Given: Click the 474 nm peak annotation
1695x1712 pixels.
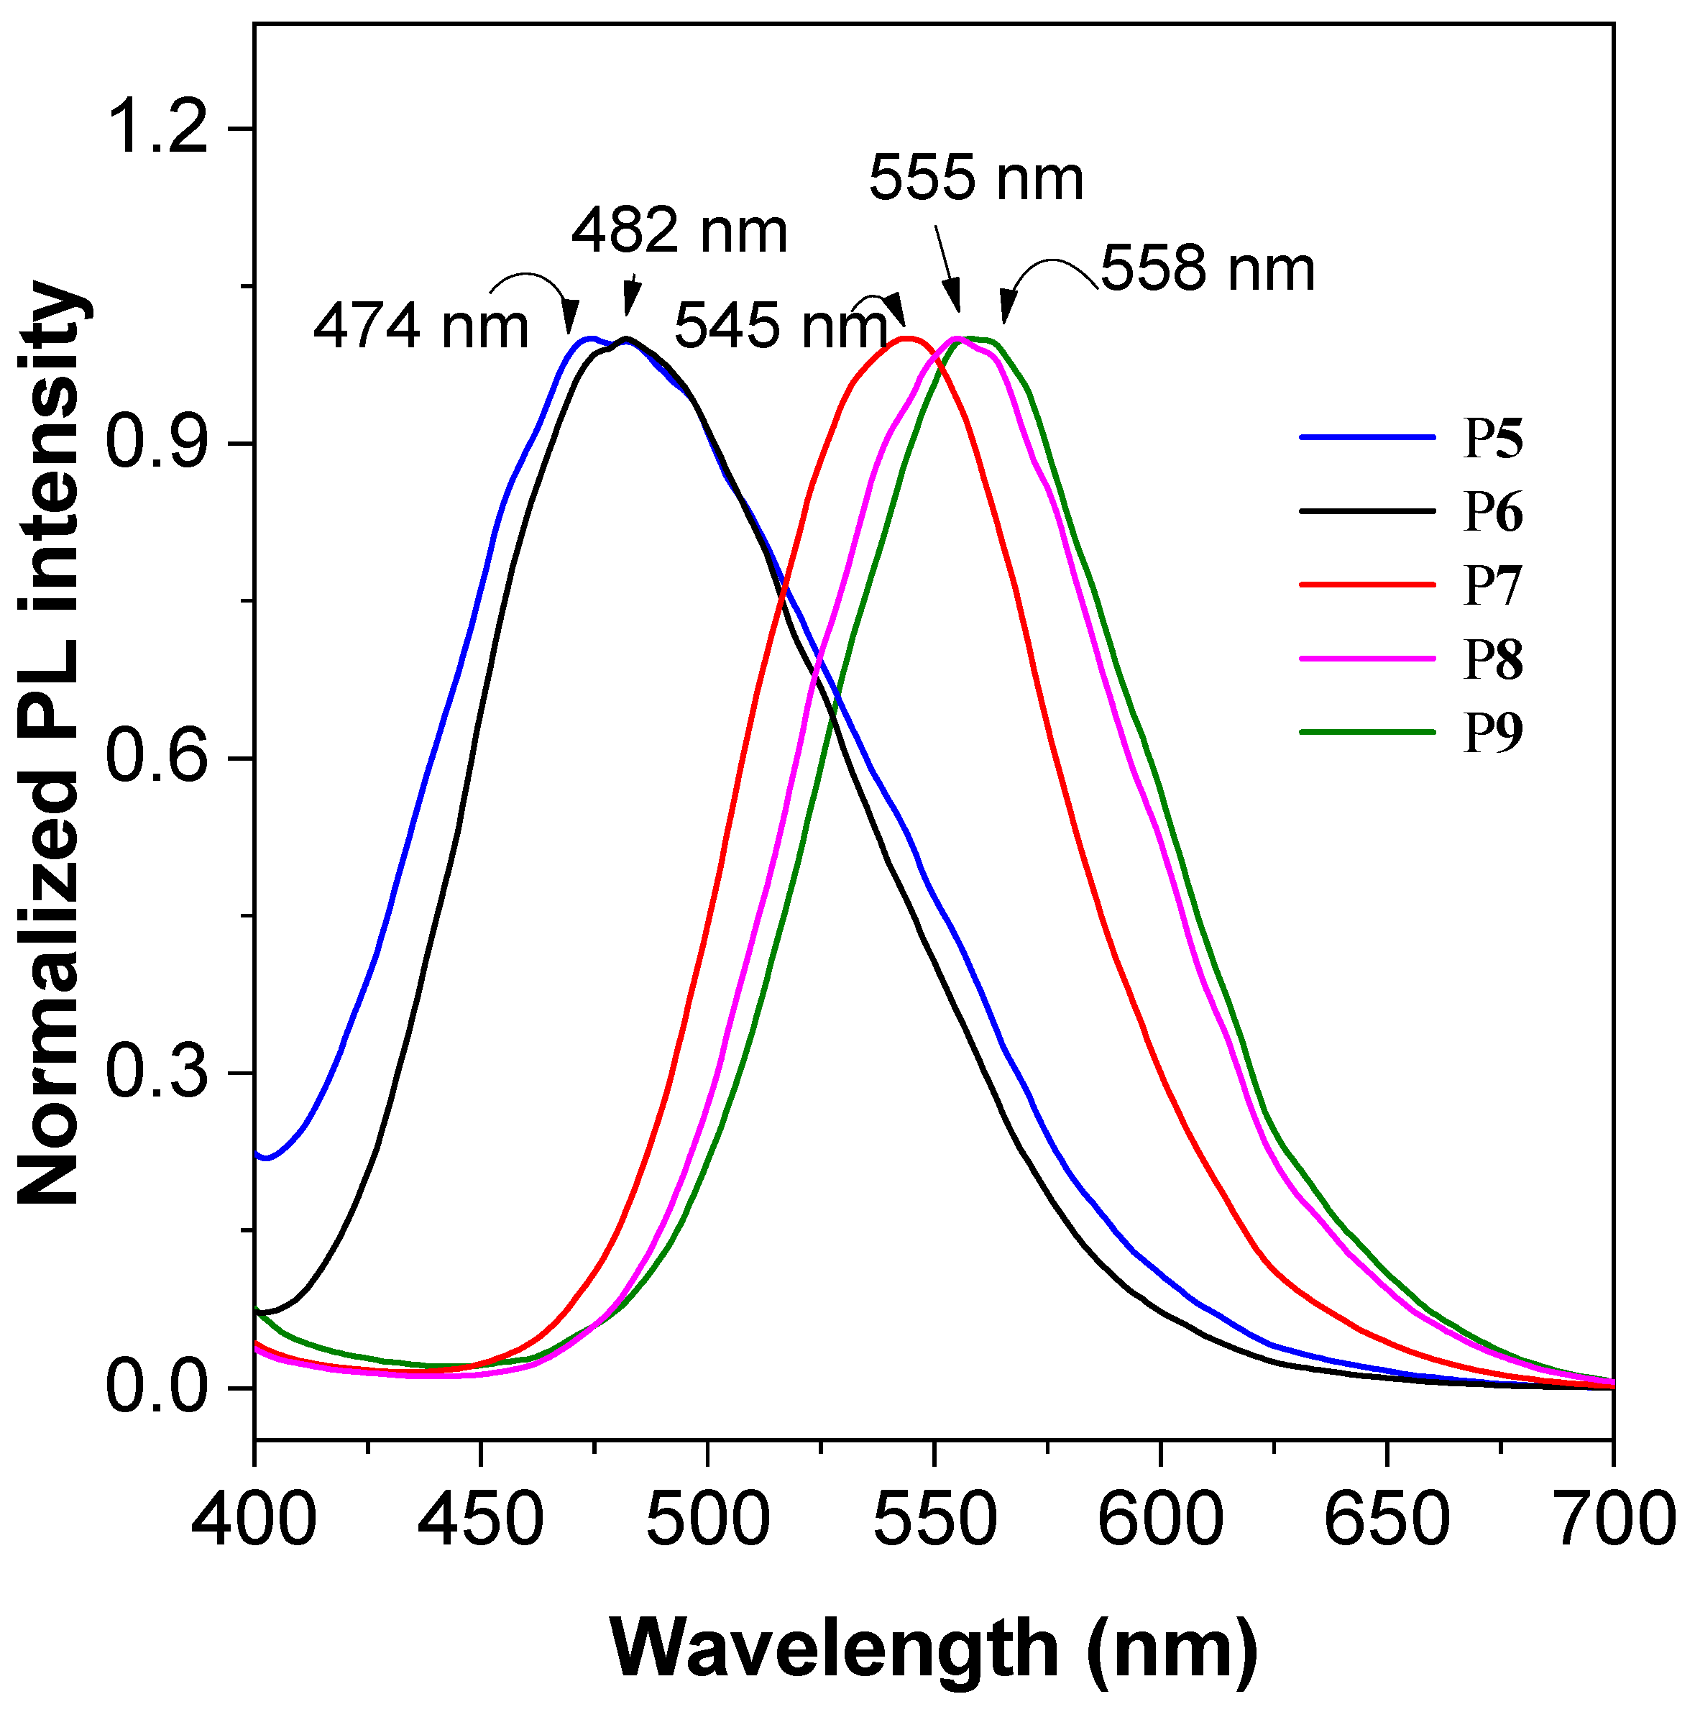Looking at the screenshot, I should tap(421, 327).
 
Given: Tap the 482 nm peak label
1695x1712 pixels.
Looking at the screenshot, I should tap(679, 232).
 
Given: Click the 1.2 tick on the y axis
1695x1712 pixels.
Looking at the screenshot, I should tap(157, 129).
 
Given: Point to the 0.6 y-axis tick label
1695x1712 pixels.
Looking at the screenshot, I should tap(157, 759).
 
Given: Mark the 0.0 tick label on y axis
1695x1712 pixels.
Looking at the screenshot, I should tap(157, 1388).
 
